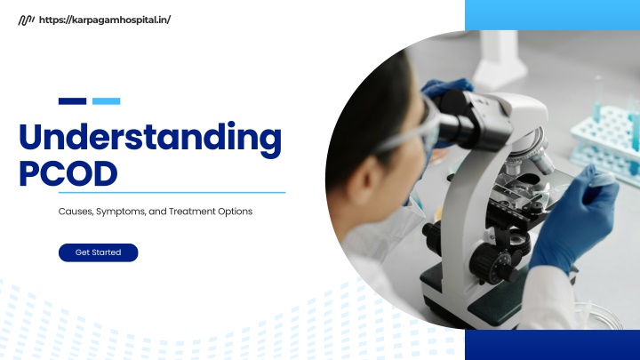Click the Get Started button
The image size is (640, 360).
(x=99, y=252)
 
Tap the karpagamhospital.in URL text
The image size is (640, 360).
(x=105, y=20)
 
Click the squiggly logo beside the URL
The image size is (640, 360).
(x=26, y=20)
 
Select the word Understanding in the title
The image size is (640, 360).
(x=150, y=138)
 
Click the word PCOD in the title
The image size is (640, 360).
(x=68, y=173)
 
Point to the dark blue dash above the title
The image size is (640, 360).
(x=72, y=101)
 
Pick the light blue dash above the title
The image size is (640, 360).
(x=106, y=101)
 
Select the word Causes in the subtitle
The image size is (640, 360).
(x=76, y=212)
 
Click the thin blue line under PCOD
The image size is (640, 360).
(x=172, y=192)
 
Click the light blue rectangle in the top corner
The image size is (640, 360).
(x=552, y=15)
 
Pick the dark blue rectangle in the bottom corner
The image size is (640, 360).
(x=552, y=345)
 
